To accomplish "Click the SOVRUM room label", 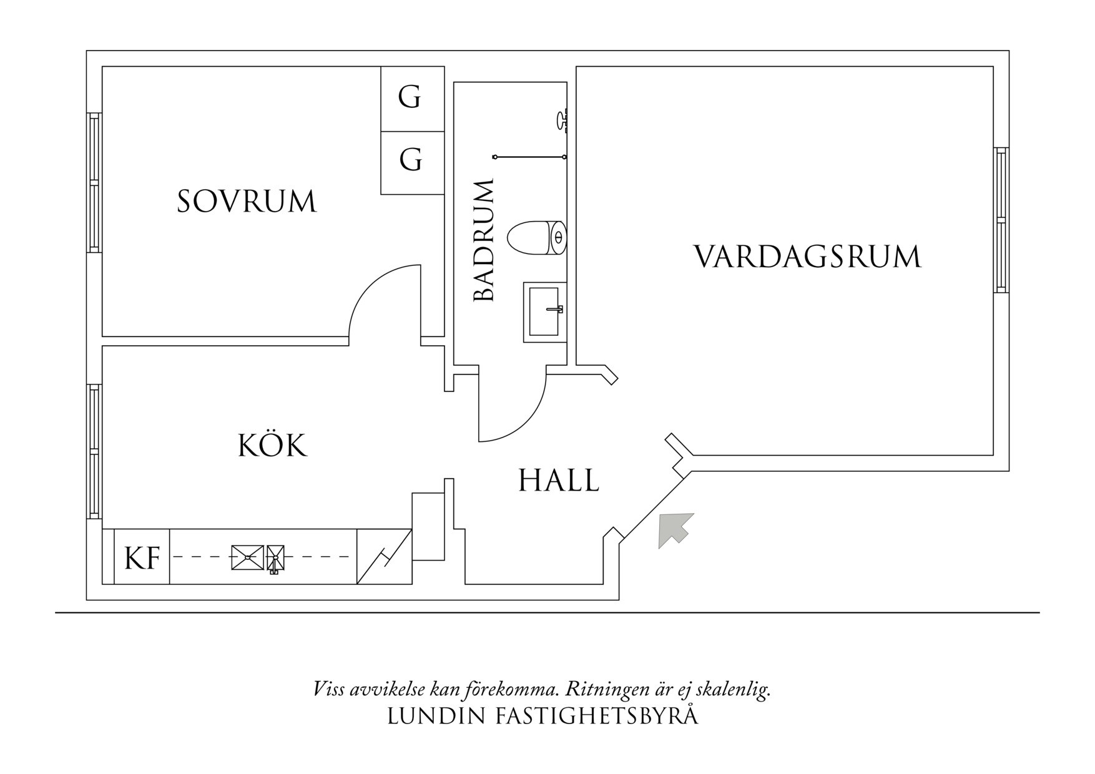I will tap(247, 202).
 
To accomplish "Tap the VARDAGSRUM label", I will tap(807, 257).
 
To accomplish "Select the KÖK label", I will tap(273, 446).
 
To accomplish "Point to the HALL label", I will tap(559, 481).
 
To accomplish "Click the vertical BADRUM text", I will tap(484, 241).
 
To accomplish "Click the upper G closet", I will tap(410, 98).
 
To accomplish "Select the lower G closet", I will tap(410, 160).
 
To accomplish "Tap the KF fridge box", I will tap(142, 557).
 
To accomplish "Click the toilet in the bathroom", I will tap(536, 237).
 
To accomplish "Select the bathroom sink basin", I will tap(544, 311).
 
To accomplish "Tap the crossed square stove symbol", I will tap(247, 557).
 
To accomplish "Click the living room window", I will tap(1001, 220).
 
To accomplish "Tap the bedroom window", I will tap(94, 182).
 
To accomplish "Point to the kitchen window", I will tap(94, 451).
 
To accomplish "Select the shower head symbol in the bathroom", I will tap(562, 119).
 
